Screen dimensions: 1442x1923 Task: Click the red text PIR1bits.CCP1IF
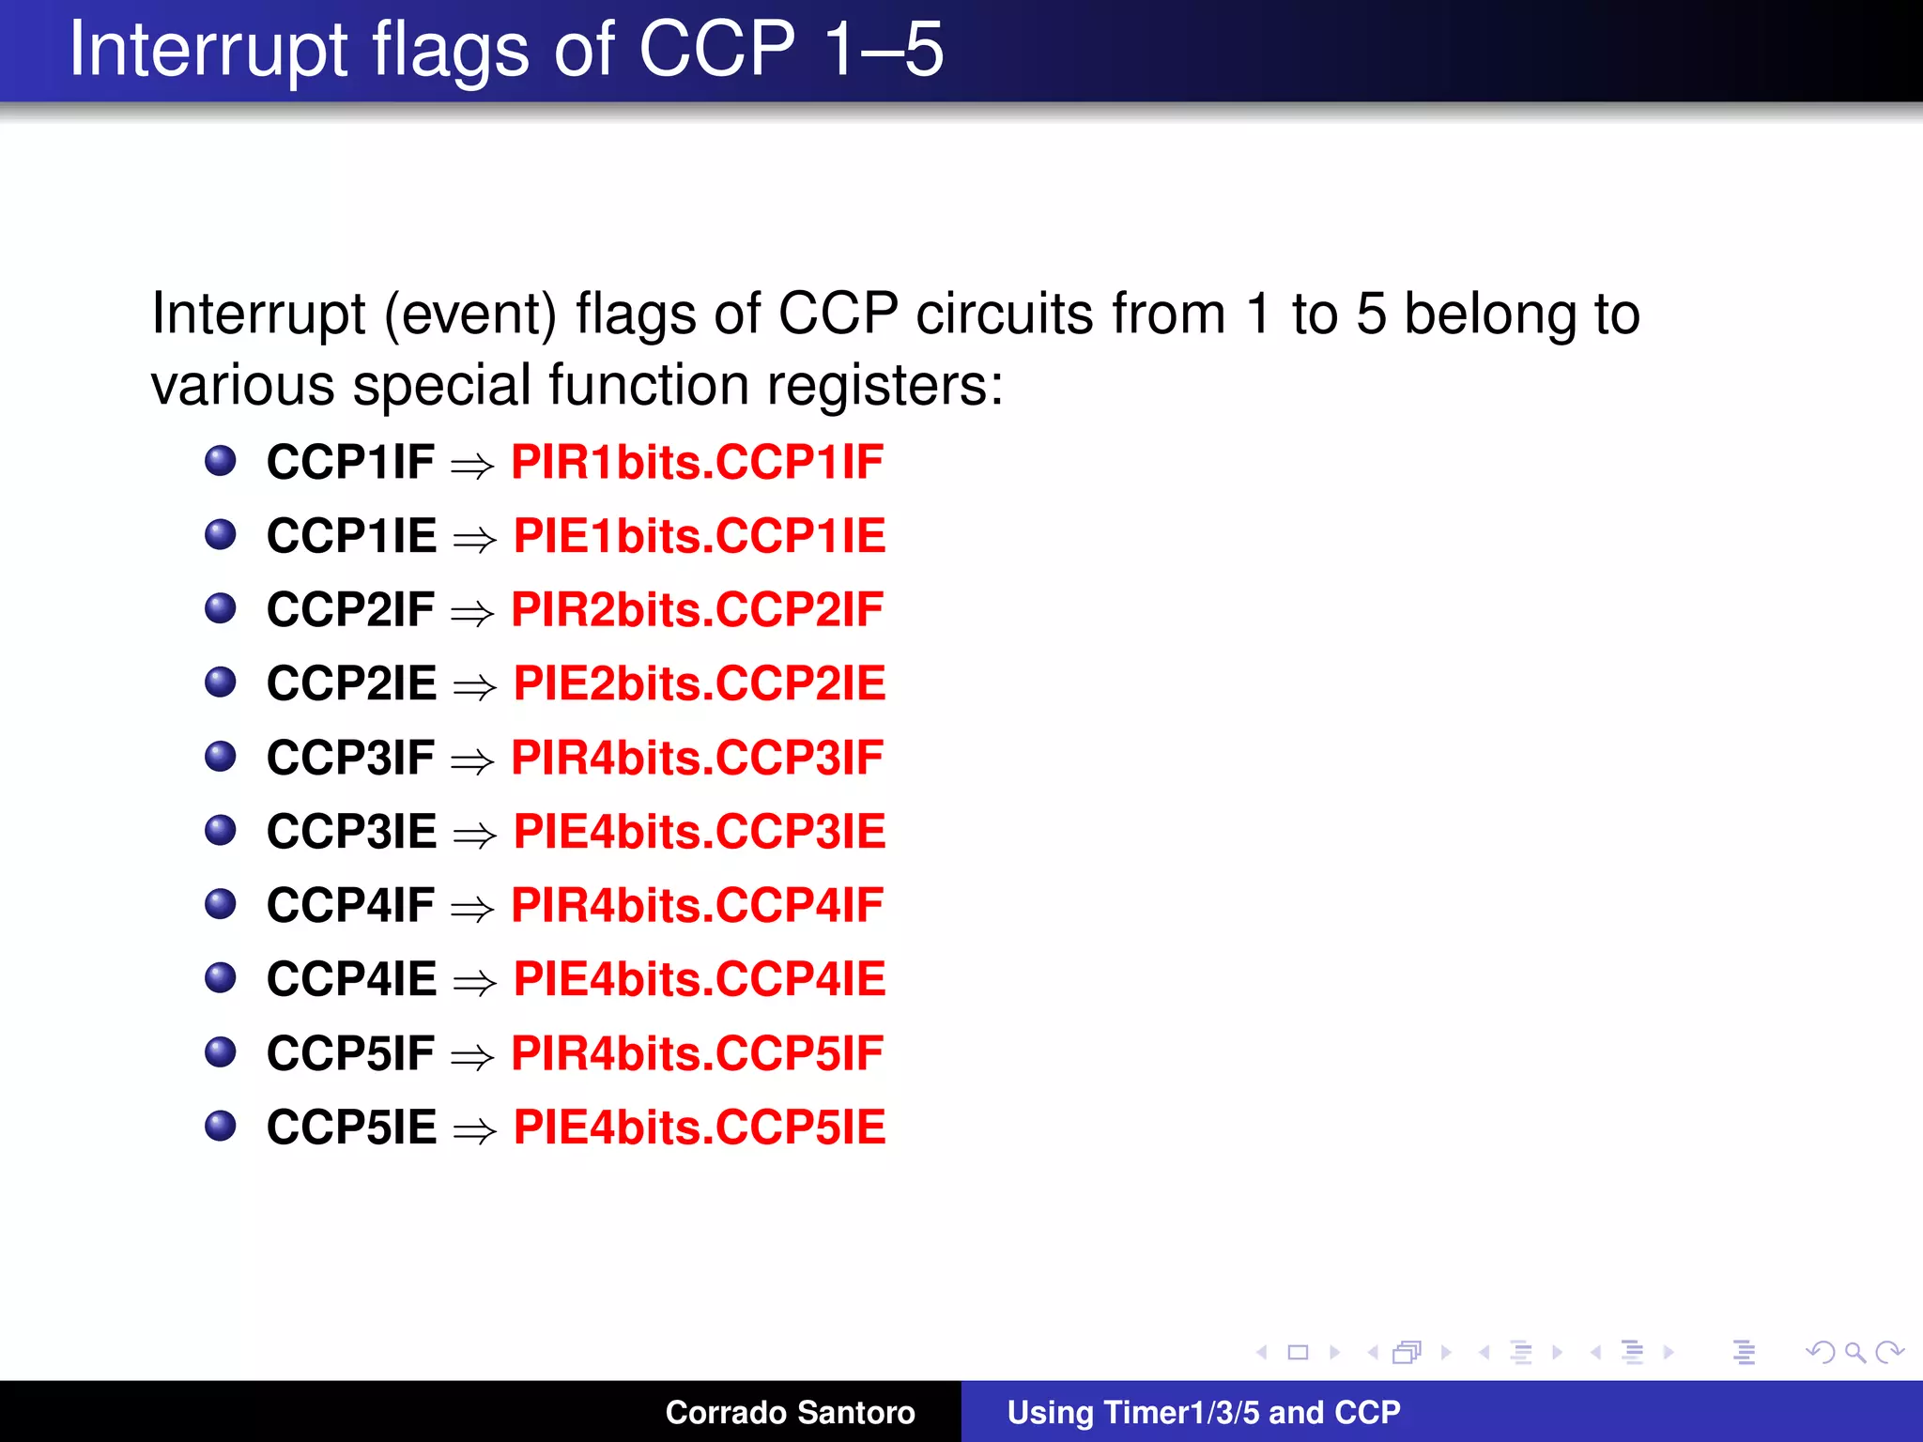pos(697,462)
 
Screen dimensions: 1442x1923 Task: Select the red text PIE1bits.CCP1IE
pos(700,536)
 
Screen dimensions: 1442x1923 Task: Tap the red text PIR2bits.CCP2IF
pos(697,610)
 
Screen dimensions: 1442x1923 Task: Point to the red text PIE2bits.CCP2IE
pos(700,683)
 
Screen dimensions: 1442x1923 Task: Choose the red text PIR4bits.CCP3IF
pos(697,758)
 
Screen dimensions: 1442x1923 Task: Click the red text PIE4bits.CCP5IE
pos(700,1128)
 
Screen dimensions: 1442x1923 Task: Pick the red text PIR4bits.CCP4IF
pos(697,905)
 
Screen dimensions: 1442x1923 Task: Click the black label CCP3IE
pos(352,832)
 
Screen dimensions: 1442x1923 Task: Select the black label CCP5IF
pos(350,1053)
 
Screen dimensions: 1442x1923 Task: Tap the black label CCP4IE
pos(352,979)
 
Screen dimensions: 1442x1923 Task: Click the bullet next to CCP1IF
pos(221,461)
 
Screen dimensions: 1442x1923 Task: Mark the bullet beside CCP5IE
pos(221,1126)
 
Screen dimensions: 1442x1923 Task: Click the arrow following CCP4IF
pos(472,909)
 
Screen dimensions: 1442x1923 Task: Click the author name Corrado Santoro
pos(790,1412)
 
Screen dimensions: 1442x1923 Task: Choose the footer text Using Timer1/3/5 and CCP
pos(1203,1412)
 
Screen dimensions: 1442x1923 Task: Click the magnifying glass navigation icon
pos(1854,1353)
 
